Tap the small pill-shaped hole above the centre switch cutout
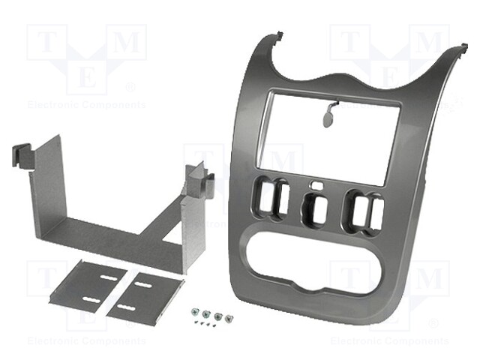click(319, 184)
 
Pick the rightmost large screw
click(226, 316)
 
